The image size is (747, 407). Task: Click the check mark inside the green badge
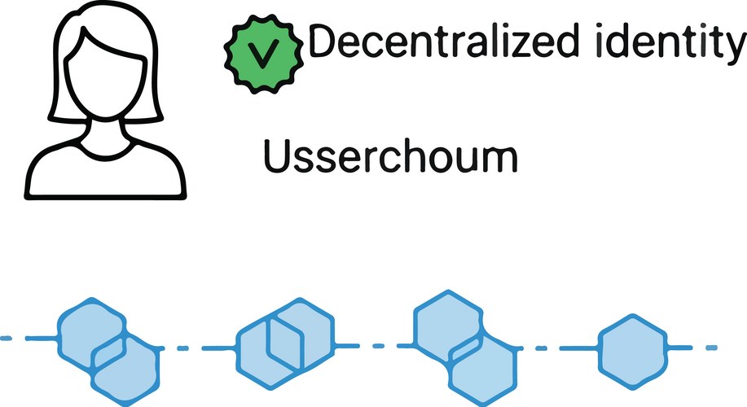pos(261,54)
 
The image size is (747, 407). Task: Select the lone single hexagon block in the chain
pos(635,348)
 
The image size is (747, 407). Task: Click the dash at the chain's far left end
pos(12,337)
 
